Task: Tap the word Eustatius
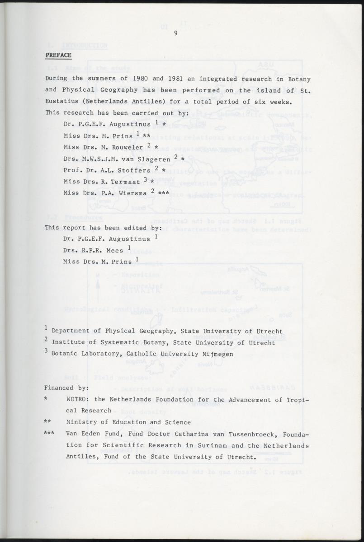click(63, 101)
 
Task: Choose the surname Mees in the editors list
click(113, 250)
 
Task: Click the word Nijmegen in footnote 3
click(217, 354)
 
